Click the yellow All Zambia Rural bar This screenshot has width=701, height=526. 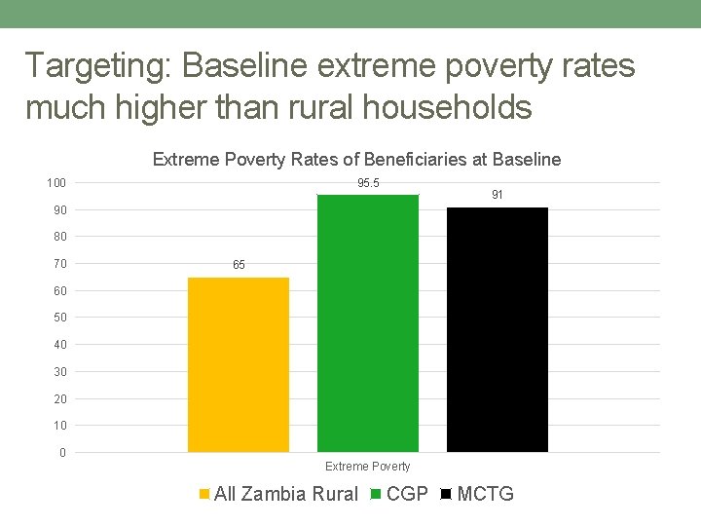[239, 364]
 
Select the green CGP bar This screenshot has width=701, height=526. [368, 322]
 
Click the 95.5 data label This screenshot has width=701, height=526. [368, 183]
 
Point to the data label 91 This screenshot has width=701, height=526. [498, 196]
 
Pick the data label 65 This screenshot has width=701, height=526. [239, 265]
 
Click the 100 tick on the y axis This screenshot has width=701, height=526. [56, 183]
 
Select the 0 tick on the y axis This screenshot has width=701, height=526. [62, 453]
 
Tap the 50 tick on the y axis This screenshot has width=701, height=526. [59, 318]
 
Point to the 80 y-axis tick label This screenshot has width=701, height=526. [59, 237]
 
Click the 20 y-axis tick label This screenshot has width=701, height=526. [59, 398]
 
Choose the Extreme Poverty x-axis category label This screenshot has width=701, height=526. [368, 467]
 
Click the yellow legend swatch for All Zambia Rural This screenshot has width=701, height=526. [203, 494]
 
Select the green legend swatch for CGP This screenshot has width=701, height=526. [377, 494]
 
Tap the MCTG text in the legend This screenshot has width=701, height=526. [485, 494]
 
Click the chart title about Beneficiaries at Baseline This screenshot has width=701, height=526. [356, 160]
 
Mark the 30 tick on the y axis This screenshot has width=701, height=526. [59, 371]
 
